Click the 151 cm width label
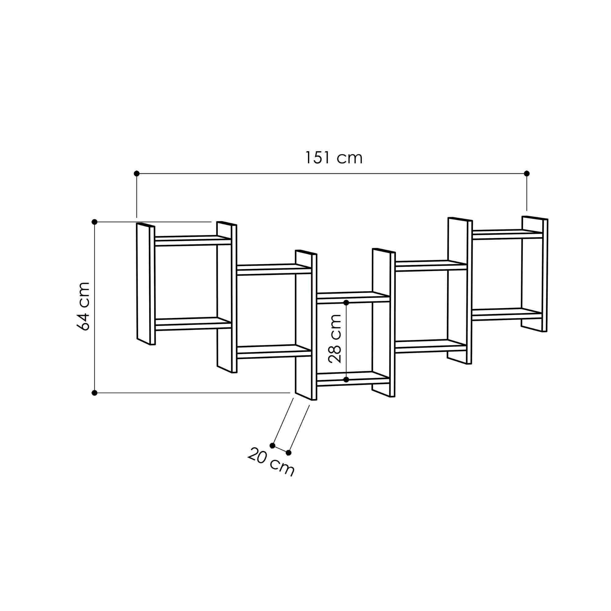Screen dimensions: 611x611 pos(333,158)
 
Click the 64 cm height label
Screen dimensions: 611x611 pos(83,306)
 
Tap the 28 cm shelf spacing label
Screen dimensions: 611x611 pos(335,338)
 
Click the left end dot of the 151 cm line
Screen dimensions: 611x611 pos(137,173)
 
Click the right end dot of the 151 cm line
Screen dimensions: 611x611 pos(527,173)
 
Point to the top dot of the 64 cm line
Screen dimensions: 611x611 pos(94,222)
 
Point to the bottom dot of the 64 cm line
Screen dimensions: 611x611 pos(94,393)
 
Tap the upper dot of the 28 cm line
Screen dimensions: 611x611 pos(346,303)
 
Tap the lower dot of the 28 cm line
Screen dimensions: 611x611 pos(346,379)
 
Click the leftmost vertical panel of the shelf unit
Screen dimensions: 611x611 pos(145,284)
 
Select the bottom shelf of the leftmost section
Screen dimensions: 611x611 pos(193,324)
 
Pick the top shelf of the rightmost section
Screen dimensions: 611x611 pos(507,234)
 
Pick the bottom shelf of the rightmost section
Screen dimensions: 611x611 pos(507,314)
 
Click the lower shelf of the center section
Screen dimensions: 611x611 pos(353,379)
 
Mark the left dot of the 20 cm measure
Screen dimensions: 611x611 pos(273,446)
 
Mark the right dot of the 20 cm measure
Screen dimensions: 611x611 pos(288,452)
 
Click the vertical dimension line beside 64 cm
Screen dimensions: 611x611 pos(94,307)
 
